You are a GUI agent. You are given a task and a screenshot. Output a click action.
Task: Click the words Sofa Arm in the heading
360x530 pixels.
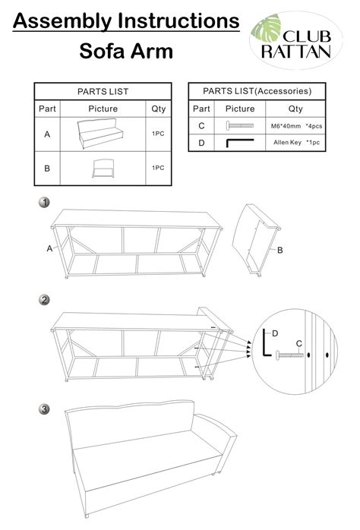(126, 52)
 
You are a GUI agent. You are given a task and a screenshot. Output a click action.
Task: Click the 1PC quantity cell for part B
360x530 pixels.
(159, 167)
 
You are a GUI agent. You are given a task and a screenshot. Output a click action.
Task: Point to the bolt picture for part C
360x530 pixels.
(240, 125)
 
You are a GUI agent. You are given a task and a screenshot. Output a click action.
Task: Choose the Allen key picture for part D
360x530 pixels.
(240, 142)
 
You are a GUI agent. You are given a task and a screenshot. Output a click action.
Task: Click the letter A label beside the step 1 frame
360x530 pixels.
(49, 248)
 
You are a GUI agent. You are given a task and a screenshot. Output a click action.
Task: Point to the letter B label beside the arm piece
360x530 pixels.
(279, 250)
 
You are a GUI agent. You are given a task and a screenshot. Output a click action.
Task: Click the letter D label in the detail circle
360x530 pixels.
(275, 333)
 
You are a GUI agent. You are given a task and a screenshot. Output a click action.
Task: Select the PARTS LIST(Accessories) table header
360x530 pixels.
(257, 91)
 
